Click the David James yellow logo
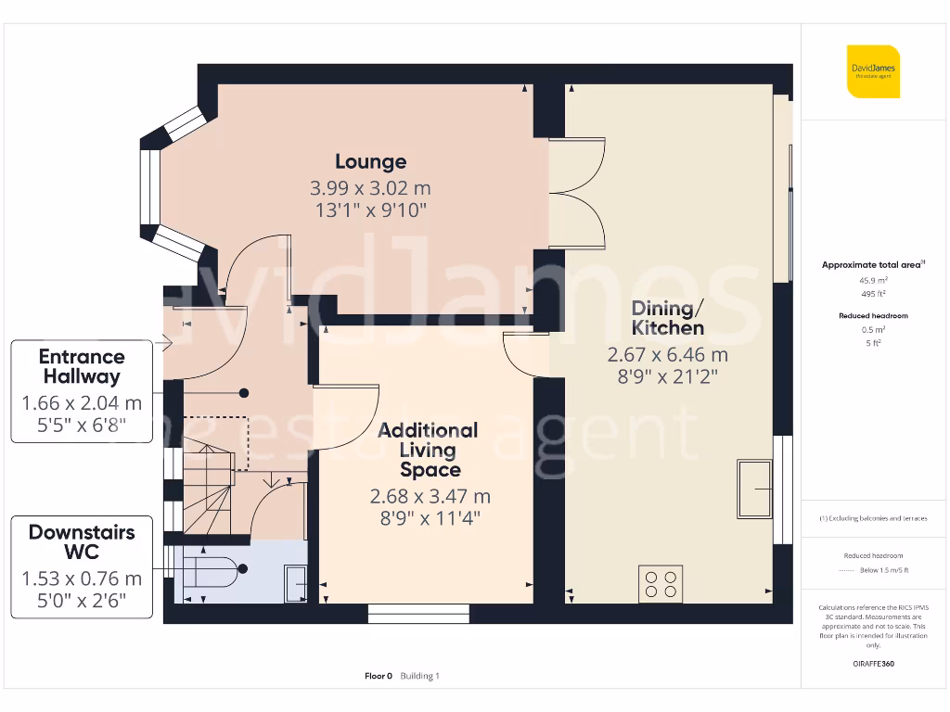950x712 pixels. (x=873, y=71)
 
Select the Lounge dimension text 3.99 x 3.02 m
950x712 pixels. (x=370, y=188)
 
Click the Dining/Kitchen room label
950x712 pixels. (x=668, y=318)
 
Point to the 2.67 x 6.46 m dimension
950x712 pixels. (x=668, y=354)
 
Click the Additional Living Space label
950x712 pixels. (x=429, y=450)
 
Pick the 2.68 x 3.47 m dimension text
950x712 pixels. (x=430, y=497)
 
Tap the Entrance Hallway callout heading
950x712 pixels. (x=82, y=366)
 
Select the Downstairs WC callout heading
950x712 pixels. (x=82, y=542)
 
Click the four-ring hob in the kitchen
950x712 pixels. (x=661, y=583)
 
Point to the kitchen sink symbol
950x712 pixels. (x=757, y=489)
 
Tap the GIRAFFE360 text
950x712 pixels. (x=873, y=664)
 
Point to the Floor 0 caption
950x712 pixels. (x=379, y=676)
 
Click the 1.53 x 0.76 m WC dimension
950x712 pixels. (x=82, y=578)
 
